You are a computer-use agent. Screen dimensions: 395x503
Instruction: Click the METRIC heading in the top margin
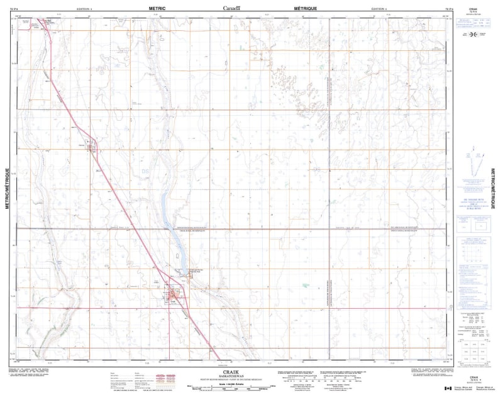coord(157,8)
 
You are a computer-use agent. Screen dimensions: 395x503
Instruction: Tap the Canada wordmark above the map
coord(233,8)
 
